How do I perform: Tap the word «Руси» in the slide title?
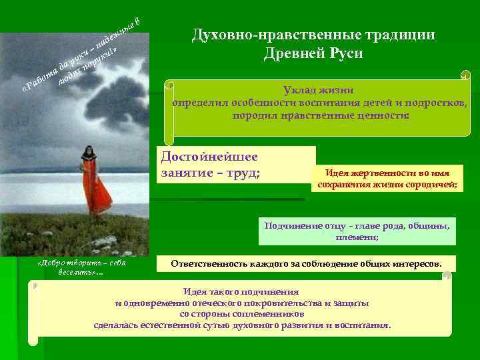345,54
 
